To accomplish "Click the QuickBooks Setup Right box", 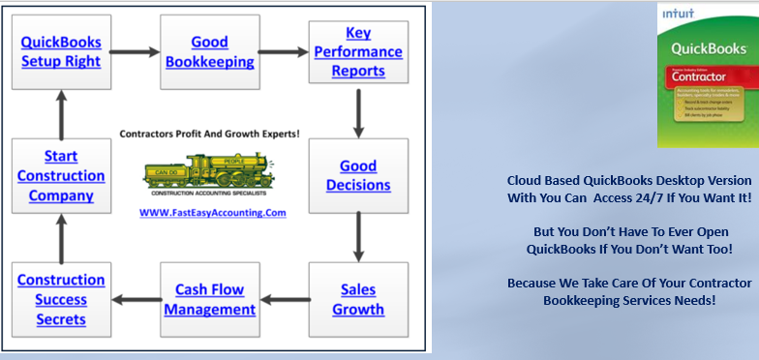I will (61, 52).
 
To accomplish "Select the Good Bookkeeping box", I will (209, 52).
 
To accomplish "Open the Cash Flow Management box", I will (209, 300).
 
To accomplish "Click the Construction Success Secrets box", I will (61, 300).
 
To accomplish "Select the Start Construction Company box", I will (61, 175).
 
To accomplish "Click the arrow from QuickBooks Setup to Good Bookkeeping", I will (135, 52).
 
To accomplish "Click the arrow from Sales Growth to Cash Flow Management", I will (284, 300).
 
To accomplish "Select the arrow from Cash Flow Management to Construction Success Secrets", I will (135, 300).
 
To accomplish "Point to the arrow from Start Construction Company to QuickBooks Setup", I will (61, 113).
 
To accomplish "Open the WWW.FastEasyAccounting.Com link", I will (209, 212).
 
